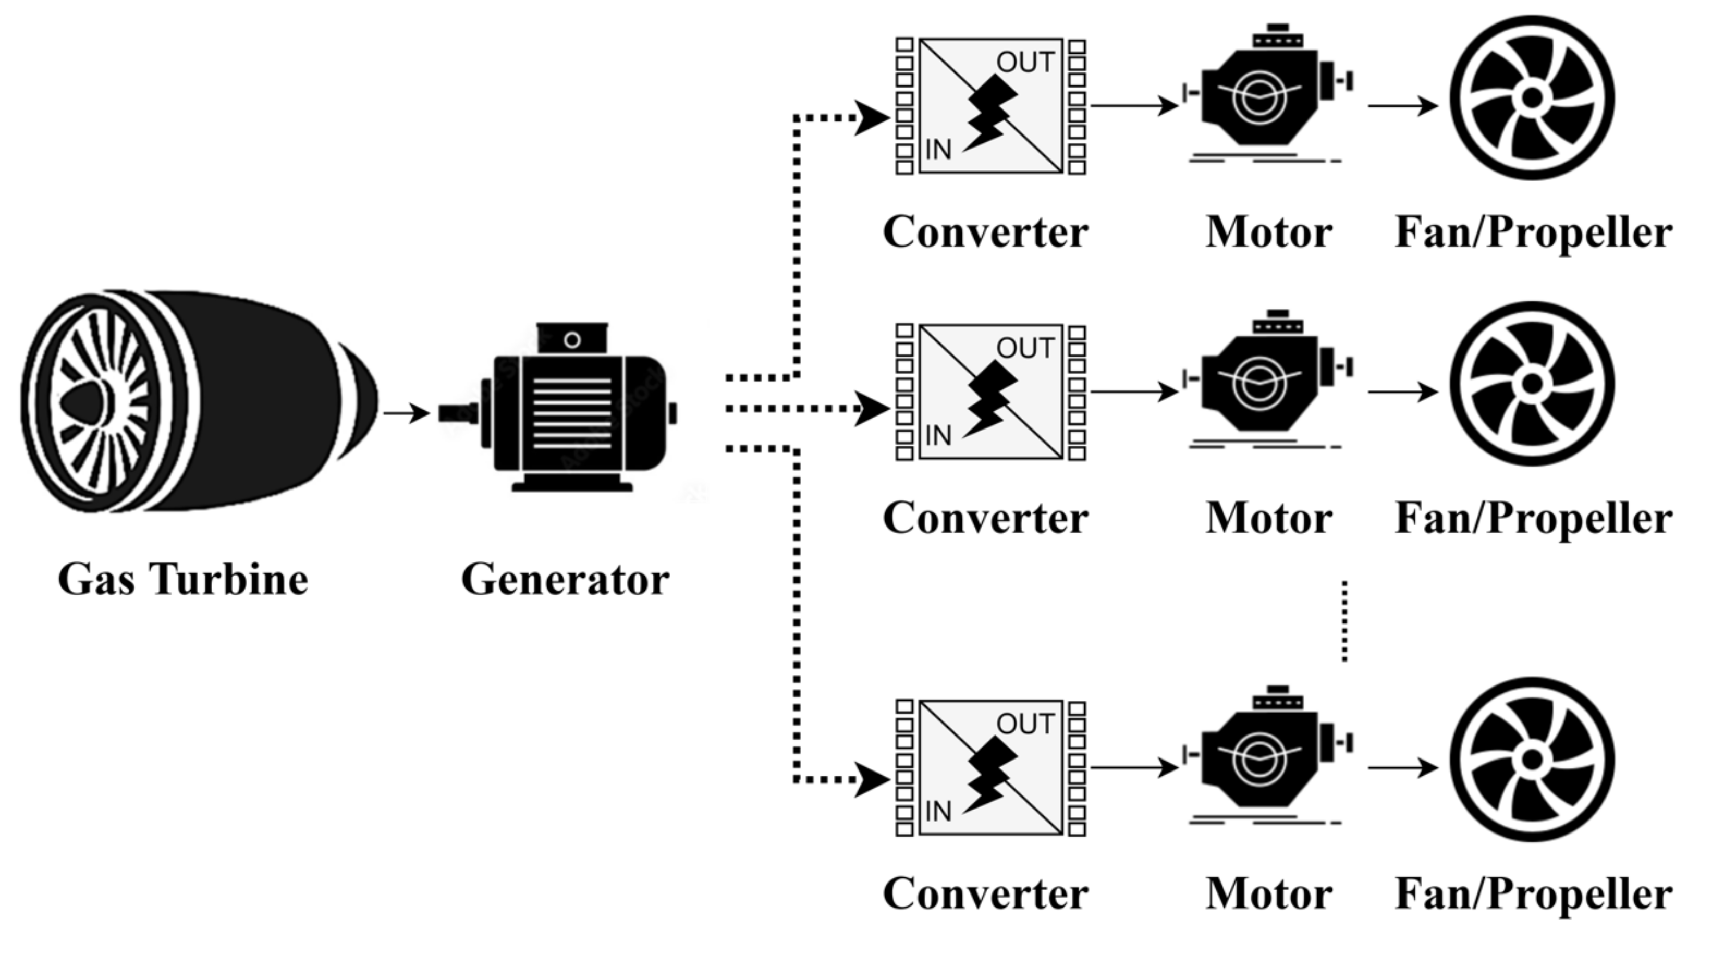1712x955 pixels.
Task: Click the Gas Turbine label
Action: point(183,580)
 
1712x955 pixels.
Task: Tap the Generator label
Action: point(565,580)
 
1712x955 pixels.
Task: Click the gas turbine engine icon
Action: point(199,401)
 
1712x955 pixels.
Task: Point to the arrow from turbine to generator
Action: point(407,413)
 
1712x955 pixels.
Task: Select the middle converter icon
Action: point(991,392)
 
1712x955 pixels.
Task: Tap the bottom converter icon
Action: point(991,767)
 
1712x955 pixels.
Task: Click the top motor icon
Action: point(1267,93)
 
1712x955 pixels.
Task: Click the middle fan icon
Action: point(1532,384)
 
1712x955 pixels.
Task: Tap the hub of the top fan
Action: point(1532,97)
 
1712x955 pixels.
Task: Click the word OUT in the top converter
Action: point(1025,63)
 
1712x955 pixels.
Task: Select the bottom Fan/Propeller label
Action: point(1533,895)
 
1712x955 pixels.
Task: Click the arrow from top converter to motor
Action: point(1134,105)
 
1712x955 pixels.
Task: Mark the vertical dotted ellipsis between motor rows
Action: point(1344,621)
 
